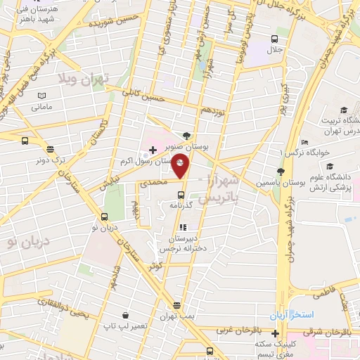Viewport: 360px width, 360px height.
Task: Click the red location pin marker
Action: (181, 165)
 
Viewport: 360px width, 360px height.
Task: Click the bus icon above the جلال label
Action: (275, 39)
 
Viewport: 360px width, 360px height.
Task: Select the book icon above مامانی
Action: (41, 96)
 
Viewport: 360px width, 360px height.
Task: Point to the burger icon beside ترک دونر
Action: (50, 149)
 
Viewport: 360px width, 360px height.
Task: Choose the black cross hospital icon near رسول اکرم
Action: (153, 150)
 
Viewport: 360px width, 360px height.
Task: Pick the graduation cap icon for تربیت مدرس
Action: (344, 110)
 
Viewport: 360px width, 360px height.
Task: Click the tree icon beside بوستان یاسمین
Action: (281, 172)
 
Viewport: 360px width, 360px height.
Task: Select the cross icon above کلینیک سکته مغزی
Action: (255, 332)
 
